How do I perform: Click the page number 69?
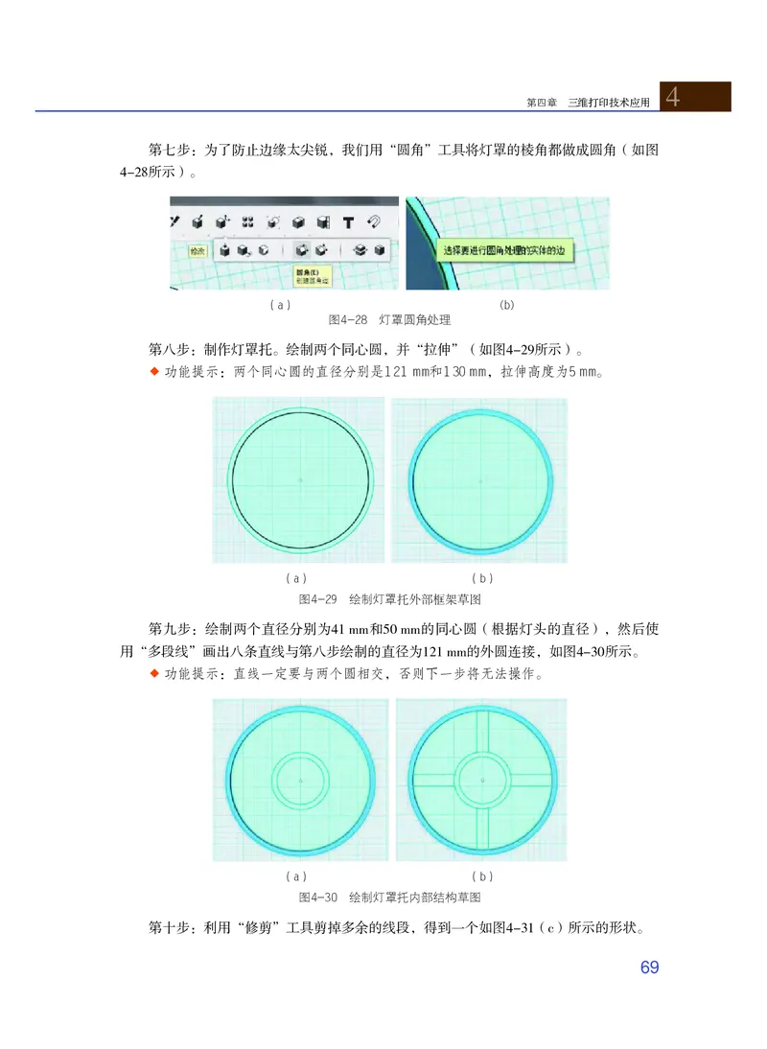pos(649,967)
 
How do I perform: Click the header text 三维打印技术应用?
pos(608,102)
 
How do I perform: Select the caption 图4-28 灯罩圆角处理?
pos(389,319)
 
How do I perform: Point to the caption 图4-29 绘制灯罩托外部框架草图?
pos(389,597)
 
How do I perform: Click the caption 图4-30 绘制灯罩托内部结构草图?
pos(389,897)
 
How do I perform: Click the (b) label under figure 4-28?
pos(507,304)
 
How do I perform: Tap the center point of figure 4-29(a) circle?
pos(300,478)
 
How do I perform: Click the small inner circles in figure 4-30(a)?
pos(300,781)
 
